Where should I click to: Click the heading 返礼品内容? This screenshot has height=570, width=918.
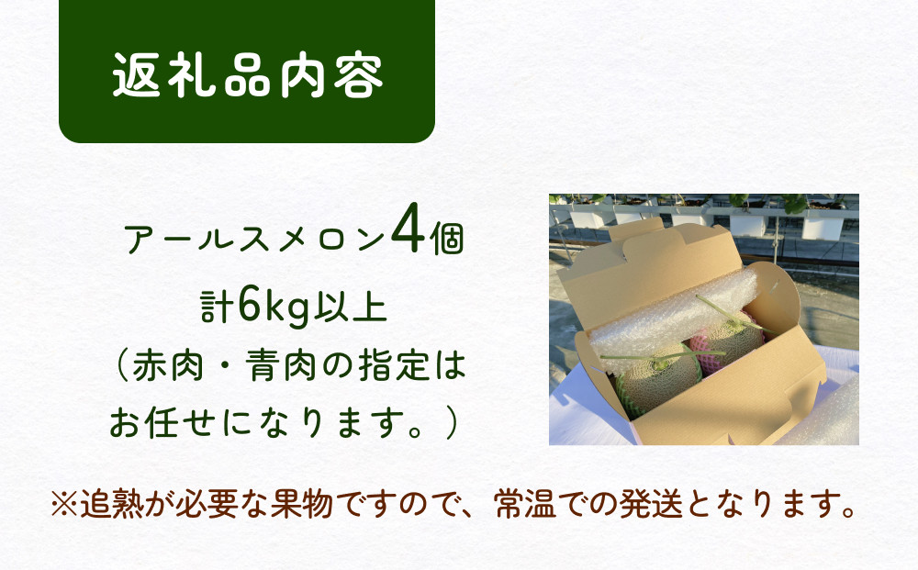248,75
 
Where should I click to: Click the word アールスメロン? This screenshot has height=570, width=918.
254,240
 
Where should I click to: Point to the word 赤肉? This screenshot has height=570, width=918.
168,365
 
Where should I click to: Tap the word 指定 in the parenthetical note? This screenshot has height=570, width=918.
394,365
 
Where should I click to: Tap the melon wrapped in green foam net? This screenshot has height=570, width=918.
658,381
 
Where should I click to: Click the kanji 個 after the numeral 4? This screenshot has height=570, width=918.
448,240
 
